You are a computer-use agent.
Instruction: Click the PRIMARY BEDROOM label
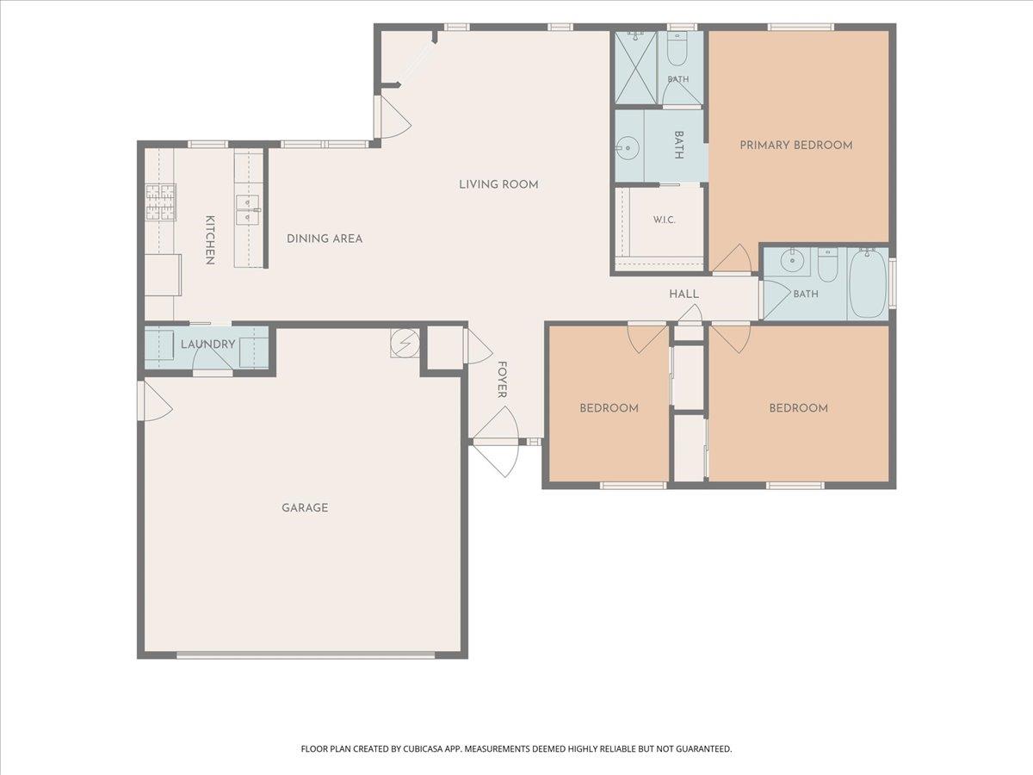(795, 145)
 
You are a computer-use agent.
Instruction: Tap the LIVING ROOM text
(498, 184)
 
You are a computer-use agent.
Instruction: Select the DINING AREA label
(325, 239)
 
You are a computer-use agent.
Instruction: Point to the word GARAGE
(305, 508)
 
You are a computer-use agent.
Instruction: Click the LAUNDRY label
(208, 344)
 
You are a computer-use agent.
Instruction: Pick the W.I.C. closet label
(665, 220)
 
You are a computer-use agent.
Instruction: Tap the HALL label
(684, 294)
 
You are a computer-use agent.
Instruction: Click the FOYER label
(502, 379)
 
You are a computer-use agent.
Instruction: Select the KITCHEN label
(210, 240)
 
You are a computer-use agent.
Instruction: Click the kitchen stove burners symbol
(161, 202)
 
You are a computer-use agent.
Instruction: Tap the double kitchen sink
(248, 210)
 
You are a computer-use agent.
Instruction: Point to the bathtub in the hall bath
(869, 283)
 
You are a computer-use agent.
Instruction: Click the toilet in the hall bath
(827, 264)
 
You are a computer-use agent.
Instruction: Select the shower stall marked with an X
(636, 67)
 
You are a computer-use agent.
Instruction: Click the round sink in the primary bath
(627, 148)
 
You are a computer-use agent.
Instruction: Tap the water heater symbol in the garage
(405, 342)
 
